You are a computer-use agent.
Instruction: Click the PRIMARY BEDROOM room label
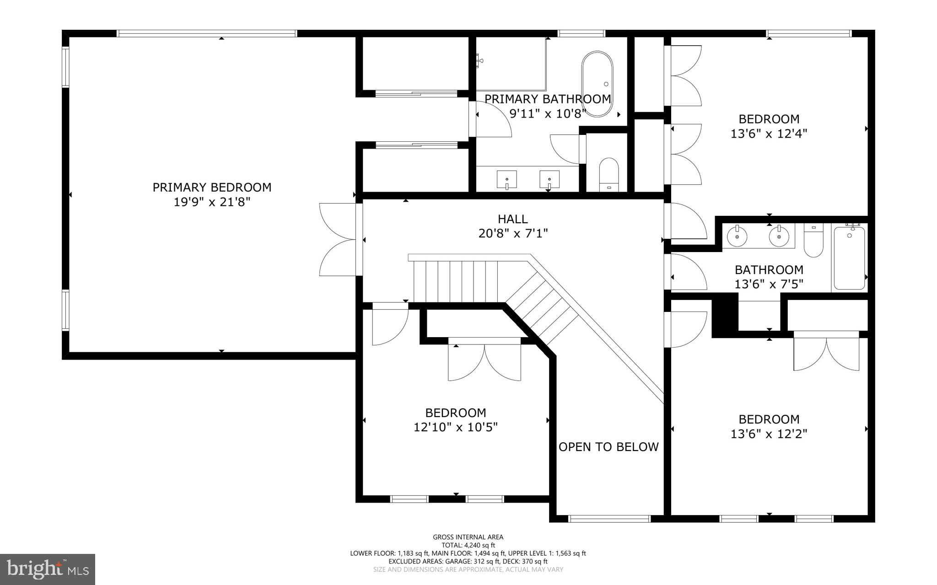pyautogui.click(x=212, y=188)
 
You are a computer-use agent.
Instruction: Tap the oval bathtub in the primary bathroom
pyautogui.click(x=597, y=84)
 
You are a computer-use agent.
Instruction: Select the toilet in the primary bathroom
pyautogui.click(x=609, y=175)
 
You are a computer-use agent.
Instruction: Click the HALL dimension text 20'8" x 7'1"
pyautogui.click(x=513, y=234)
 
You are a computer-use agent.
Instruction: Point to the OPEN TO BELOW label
pyautogui.click(x=609, y=447)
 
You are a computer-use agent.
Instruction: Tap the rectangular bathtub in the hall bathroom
pyautogui.click(x=849, y=258)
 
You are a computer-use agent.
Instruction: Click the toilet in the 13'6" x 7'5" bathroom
pyautogui.click(x=813, y=240)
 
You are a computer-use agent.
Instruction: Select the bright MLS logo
pyautogui.click(x=48, y=569)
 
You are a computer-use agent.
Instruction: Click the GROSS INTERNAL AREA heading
pyautogui.click(x=468, y=537)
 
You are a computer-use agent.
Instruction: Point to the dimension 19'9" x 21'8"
pyautogui.click(x=212, y=202)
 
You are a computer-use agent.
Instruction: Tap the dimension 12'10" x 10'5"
pyautogui.click(x=456, y=428)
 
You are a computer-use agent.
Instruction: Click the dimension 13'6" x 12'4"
pyautogui.click(x=769, y=134)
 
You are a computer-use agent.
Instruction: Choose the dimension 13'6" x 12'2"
pyautogui.click(x=769, y=434)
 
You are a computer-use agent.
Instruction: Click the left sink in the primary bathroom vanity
pyautogui.click(x=507, y=179)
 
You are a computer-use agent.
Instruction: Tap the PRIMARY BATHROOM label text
pyautogui.click(x=548, y=99)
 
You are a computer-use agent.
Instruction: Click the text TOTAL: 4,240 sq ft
pyautogui.click(x=468, y=545)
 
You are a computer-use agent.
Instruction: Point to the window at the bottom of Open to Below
pyautogui.click(x=609, y=519)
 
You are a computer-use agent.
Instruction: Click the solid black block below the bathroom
pyautogui.click(x=725, y=315)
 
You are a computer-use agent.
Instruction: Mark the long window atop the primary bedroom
pyautogui.click(x=207, y=33)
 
